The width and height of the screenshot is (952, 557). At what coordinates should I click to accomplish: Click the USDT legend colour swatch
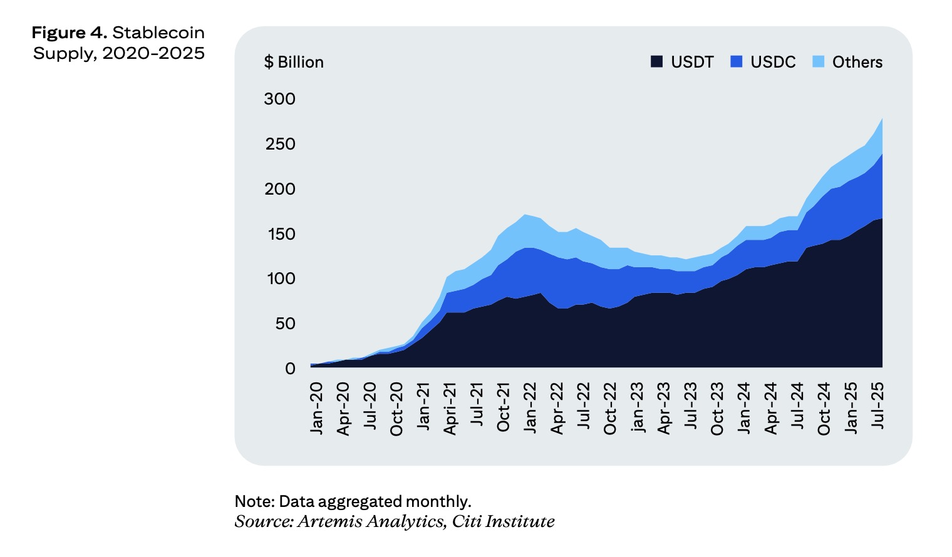[x=656, y=61]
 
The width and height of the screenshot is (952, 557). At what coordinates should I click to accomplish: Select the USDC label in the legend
[x=773, y=62]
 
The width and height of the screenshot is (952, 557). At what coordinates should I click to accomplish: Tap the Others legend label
[x=857, y=62]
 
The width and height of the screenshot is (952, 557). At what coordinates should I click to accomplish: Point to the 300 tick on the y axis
[x=279, y=99]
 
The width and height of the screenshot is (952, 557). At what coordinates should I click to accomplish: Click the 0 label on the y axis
[x=290, y=369]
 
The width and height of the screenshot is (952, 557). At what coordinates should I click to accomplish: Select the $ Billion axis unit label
[x=294, y=62]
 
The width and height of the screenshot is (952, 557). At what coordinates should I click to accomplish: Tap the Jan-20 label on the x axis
[x=316, y=407]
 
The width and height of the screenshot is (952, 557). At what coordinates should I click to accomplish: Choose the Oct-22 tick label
[x=610, y=408]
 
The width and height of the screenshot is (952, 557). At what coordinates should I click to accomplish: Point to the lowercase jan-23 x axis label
[x=636, y=407]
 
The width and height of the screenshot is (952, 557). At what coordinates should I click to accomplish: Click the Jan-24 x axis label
[x=744, y=407]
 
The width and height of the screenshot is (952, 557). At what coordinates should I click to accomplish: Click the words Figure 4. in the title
[x=69, y=33]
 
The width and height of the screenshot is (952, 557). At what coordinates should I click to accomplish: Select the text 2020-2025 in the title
[x=153, y=53]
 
